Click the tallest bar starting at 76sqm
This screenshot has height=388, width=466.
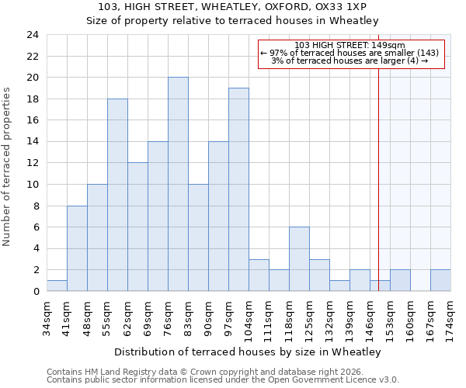tap(178, 184)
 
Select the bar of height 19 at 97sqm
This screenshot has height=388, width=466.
tap(238, 189)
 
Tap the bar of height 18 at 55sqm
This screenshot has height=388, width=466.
tap(117, 195)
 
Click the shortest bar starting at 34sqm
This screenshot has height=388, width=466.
tap(57, 286)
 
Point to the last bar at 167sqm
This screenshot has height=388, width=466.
tap(440, 280)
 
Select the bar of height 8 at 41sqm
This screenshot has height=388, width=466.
tap(77, 248)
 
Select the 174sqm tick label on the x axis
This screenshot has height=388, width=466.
tap(451, 317)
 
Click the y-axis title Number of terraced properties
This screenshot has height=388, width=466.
tap(8, 167)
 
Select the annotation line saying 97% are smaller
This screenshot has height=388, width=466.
tap(349, 53)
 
